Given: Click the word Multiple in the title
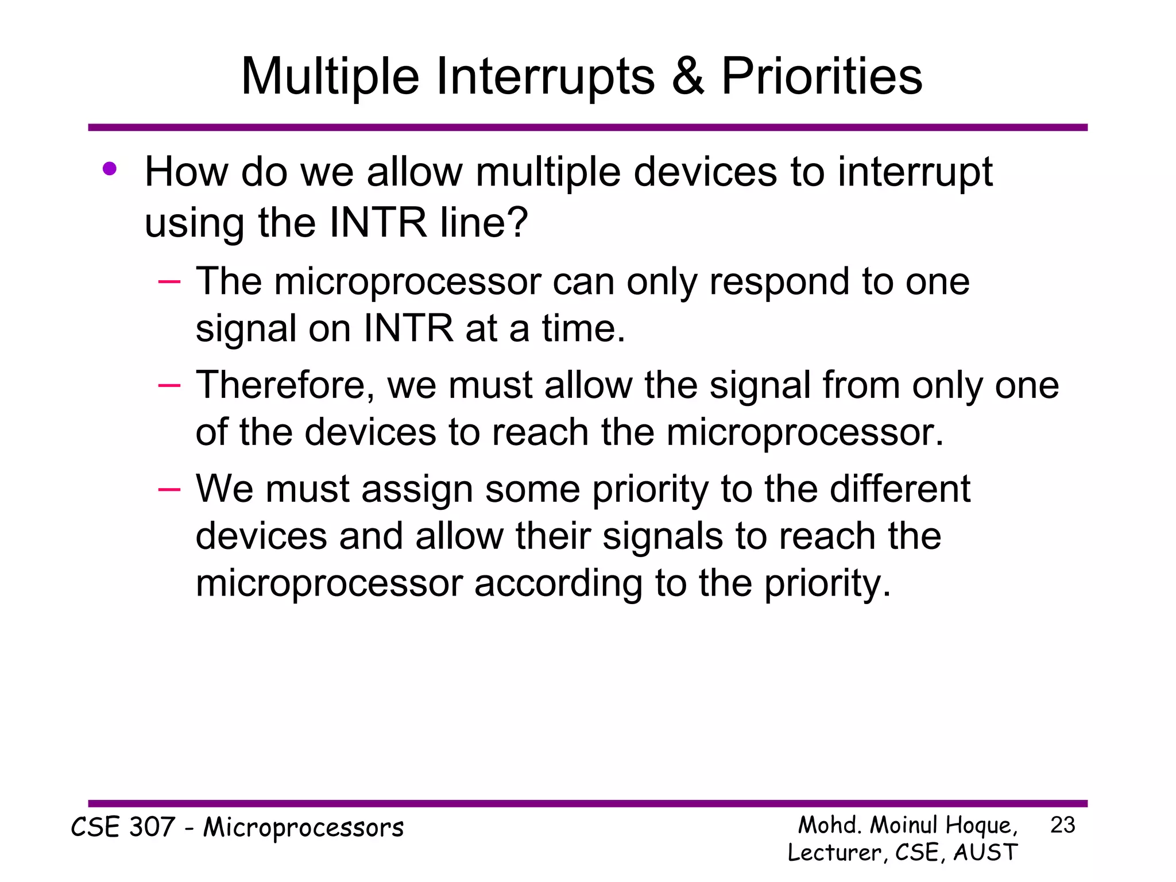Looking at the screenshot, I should click(330, 77).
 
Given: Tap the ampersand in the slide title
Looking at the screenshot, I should click(687, 77).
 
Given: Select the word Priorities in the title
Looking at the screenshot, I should click(821, 77).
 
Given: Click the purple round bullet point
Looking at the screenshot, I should click(110, 169).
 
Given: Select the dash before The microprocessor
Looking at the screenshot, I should click(169, 281).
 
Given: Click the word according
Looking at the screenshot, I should click(558, 584).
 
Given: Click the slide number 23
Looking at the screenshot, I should click(1062, 825).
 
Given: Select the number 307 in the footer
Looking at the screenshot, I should click(152, 827).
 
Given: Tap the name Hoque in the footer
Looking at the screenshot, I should click(980, 826).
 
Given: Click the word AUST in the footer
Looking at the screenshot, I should click(985, 852).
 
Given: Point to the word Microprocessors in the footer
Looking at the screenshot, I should click(304, 828).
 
